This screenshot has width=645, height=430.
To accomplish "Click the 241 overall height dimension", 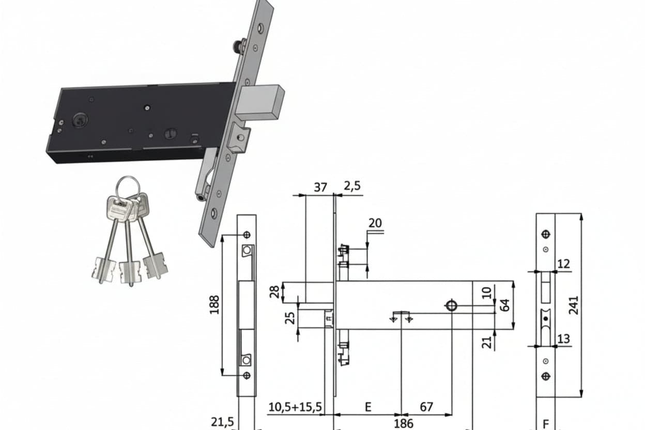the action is [x=573, y=305].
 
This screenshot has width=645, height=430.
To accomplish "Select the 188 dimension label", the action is [x=214, y=305].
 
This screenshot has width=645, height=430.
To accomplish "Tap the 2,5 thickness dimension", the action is [x=352, y=186].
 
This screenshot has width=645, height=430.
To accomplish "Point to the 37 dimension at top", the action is [x=320, y=188].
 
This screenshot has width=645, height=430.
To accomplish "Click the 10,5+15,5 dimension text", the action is [x=295, y=407].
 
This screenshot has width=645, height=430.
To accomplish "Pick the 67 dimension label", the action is [x=426, y=407].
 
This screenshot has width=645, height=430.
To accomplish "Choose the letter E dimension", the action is [x=368, y=407].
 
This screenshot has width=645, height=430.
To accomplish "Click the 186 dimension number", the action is [x=404, y=424].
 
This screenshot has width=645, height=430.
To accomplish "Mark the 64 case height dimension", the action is [x=504, y=305].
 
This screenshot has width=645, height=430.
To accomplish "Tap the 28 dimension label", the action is [x=275, y=292].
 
